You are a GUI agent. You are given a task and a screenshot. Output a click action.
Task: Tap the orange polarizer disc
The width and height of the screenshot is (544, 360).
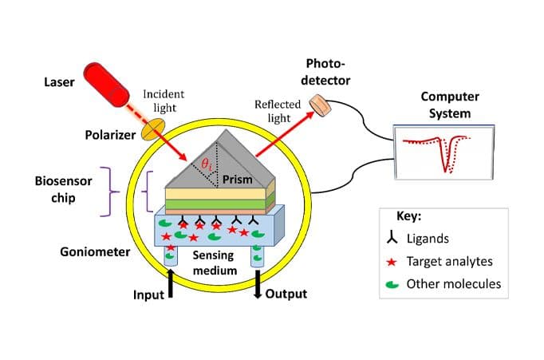(153, 125)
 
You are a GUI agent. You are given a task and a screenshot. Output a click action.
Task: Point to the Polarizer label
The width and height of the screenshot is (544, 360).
(109, 134)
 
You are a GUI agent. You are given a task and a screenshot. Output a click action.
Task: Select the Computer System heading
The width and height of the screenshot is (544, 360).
(449, 105)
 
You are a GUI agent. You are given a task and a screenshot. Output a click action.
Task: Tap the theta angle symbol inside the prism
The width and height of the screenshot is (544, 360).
(207, 164)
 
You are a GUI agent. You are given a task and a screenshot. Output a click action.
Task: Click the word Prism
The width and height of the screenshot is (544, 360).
(237, 179)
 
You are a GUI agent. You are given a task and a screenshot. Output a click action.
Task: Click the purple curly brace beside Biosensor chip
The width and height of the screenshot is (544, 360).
(114, 191)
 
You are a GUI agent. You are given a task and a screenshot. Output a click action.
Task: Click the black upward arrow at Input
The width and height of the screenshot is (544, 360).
(171, 284)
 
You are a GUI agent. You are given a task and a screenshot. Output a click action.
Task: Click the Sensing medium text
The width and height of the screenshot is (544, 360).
(214, 263)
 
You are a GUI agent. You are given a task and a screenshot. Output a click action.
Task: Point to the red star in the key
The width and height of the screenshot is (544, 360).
(391, 260)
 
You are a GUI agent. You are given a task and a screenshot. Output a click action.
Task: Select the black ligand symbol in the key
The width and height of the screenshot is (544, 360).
(391, 237)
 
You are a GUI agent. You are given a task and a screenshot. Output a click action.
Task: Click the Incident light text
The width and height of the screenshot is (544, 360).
(164, 100)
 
